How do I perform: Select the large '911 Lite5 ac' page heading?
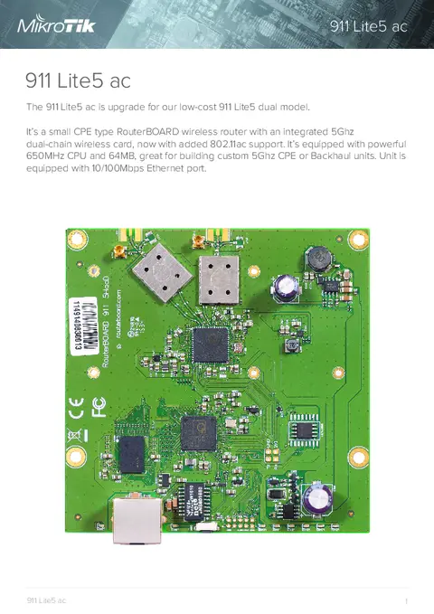click(79, 81)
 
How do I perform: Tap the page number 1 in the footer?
click(408, 600)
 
